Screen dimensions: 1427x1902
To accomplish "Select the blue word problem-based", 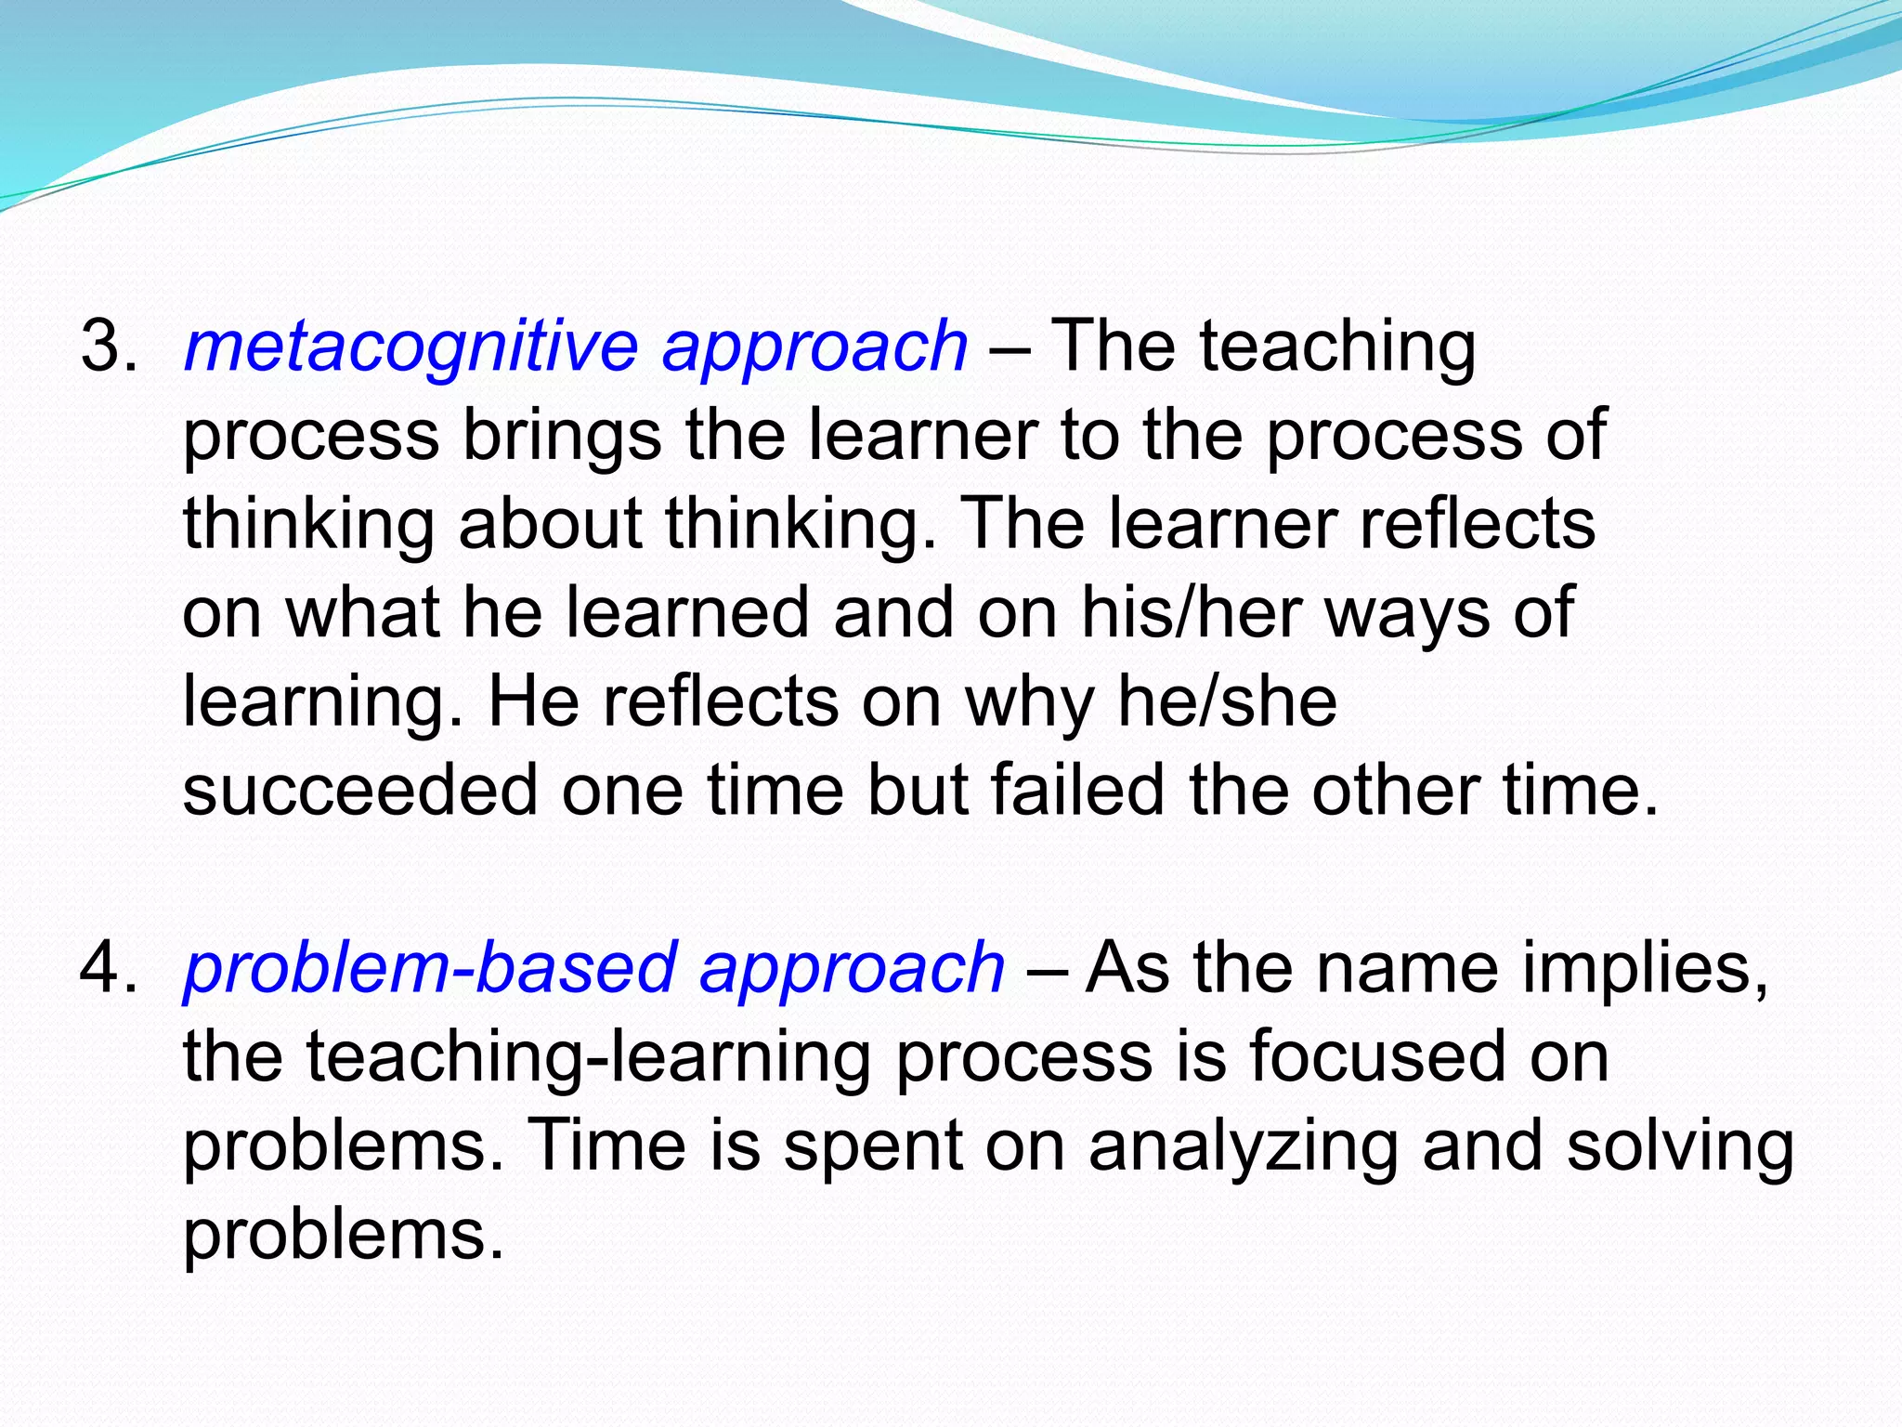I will click(x=430, y=967).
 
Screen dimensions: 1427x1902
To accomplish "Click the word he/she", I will click(x=1226, y=700).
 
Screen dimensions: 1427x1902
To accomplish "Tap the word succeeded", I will click(x=360, y=790).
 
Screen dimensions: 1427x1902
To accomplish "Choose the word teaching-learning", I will click(x=527, y=1058).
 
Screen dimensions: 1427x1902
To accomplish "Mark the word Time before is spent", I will click(x=607, y=1145).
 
